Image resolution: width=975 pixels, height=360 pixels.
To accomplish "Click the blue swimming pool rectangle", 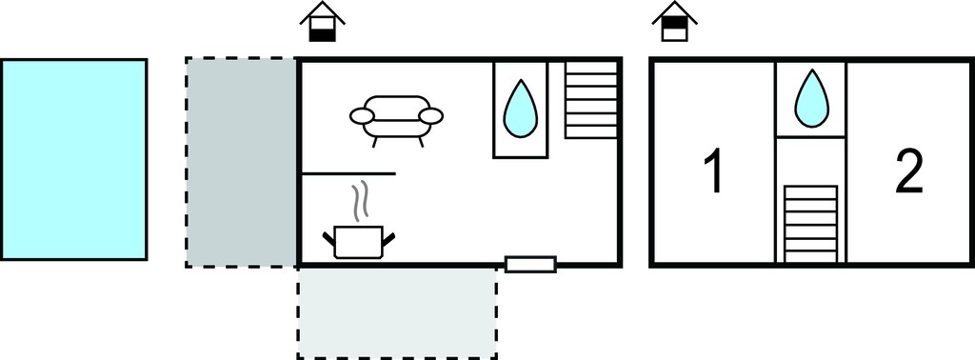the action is pos(73,159).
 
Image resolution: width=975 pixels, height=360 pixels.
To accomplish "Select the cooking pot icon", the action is pos(359,243).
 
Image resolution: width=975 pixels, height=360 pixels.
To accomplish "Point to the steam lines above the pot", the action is pos(359,203).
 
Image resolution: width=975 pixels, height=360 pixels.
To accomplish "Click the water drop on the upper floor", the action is pos(811,98).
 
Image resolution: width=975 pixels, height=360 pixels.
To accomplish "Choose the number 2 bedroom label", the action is pos(908,172).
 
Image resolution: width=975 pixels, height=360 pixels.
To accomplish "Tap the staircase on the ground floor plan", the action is pos(591,99).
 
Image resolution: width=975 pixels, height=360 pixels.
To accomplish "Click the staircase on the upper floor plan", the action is pos(811,224).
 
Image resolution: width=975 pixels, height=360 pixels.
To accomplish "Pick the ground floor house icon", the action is pos(322,22).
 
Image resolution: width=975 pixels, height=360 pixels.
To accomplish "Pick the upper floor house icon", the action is pos(675,22).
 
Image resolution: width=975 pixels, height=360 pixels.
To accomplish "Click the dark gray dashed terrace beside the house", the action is pos(241,162).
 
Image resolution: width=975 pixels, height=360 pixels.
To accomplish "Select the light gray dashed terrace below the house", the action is pos(397,312).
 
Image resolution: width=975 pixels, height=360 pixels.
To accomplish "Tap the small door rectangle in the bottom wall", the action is pos(530,264).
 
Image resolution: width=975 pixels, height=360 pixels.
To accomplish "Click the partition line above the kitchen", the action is pos(348,174).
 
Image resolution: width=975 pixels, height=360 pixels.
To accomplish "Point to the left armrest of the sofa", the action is pos(361,115).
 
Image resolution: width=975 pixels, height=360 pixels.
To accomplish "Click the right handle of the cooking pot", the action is pos(389,239).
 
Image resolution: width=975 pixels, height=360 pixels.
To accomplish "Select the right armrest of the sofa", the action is pos(431,115).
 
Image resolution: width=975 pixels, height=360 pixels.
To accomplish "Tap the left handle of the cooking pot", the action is pos(328,239).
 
